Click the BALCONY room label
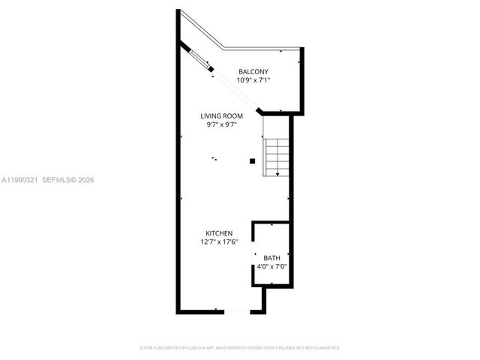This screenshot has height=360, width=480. [x=253, y=71]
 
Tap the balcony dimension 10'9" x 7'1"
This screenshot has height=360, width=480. [x=253, y=79]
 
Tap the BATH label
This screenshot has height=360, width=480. [x=271, y=258]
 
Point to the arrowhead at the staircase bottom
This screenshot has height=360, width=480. [x=277, y=175]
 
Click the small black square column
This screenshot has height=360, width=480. [x=253, y=160]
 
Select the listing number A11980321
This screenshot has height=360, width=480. [x=20, y=180]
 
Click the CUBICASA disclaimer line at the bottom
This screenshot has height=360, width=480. [x=240, y=348]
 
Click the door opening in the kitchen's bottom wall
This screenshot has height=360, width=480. [x=235, y=310]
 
